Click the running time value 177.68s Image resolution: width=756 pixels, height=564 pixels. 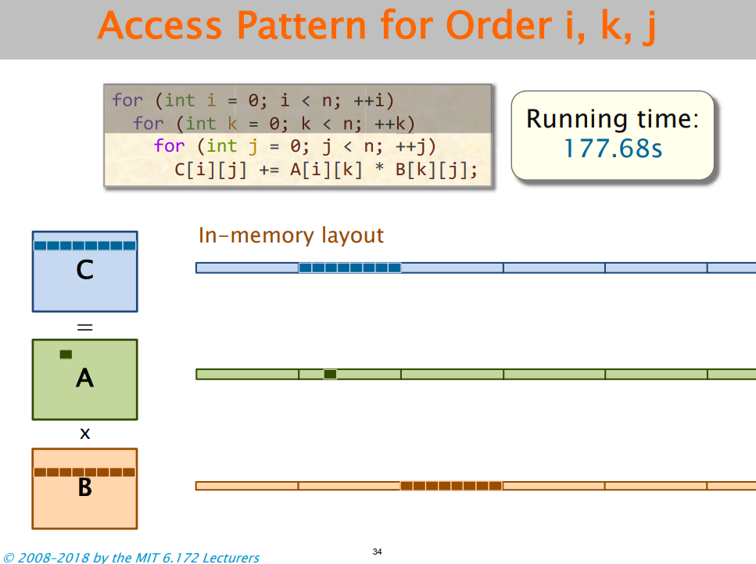[613, 149]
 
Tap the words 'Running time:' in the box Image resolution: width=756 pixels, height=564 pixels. [612, 119]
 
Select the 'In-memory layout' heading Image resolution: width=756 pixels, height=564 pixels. [291, 235]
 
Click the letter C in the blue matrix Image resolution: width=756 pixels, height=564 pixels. [84, 271]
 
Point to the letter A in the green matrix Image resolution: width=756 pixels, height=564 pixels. [84, 379]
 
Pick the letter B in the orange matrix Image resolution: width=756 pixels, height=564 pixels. [84, 488]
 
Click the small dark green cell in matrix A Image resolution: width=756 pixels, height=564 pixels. [66, 354]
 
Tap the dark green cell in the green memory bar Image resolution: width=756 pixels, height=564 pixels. [330, 374]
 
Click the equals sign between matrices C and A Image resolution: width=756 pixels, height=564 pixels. [84, 327]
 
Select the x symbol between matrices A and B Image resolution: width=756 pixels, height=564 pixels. [84, 433]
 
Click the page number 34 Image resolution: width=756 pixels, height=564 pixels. [378, 552]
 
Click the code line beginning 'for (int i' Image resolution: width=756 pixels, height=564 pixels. [252, 101]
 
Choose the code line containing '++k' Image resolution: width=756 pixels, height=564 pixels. [273, 124]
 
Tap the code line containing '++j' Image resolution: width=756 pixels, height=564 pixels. [294, 146]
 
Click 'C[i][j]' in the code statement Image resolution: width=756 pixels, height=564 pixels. [210, 170]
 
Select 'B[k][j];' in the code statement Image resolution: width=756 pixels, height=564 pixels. [436, 170]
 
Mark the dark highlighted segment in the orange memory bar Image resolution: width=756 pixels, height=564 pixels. [451, 486]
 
